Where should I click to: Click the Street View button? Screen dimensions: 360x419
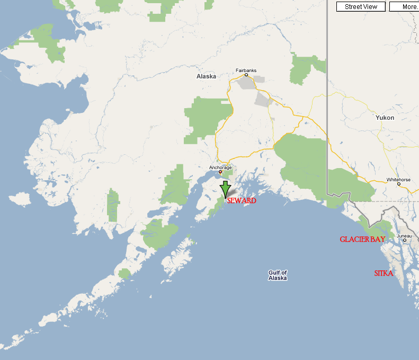tap(361, 7)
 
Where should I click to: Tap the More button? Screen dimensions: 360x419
tap(405, 7)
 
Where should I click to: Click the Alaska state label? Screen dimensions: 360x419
tap(206, 76)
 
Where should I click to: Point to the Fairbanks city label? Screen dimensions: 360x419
tap(246, 69)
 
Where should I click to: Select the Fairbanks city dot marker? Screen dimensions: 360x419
tap(246, 75)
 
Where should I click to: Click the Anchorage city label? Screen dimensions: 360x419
tap(220, 168)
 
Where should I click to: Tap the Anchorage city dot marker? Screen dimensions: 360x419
tap(220, 172)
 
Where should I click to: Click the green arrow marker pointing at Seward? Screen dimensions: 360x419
tap(225, 189)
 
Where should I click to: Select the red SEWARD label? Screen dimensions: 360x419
tap(242, 201)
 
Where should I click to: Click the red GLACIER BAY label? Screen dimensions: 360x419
tap(362, 240)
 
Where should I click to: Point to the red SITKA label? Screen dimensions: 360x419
tap(384, 274)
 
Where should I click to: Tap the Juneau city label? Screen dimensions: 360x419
tap(404, 235)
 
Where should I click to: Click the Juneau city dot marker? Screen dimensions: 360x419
tap(404, 240)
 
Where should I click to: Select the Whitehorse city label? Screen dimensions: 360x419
tap(398, 180)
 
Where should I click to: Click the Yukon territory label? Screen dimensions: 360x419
tap(385, 118)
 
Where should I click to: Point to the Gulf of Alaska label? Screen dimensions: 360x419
tap(278, 275)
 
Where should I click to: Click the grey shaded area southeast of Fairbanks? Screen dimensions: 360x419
tap(263, 99)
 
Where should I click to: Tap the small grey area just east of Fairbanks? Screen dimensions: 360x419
tap(259, 80)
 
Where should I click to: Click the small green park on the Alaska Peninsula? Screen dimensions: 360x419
tap(124, 274)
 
